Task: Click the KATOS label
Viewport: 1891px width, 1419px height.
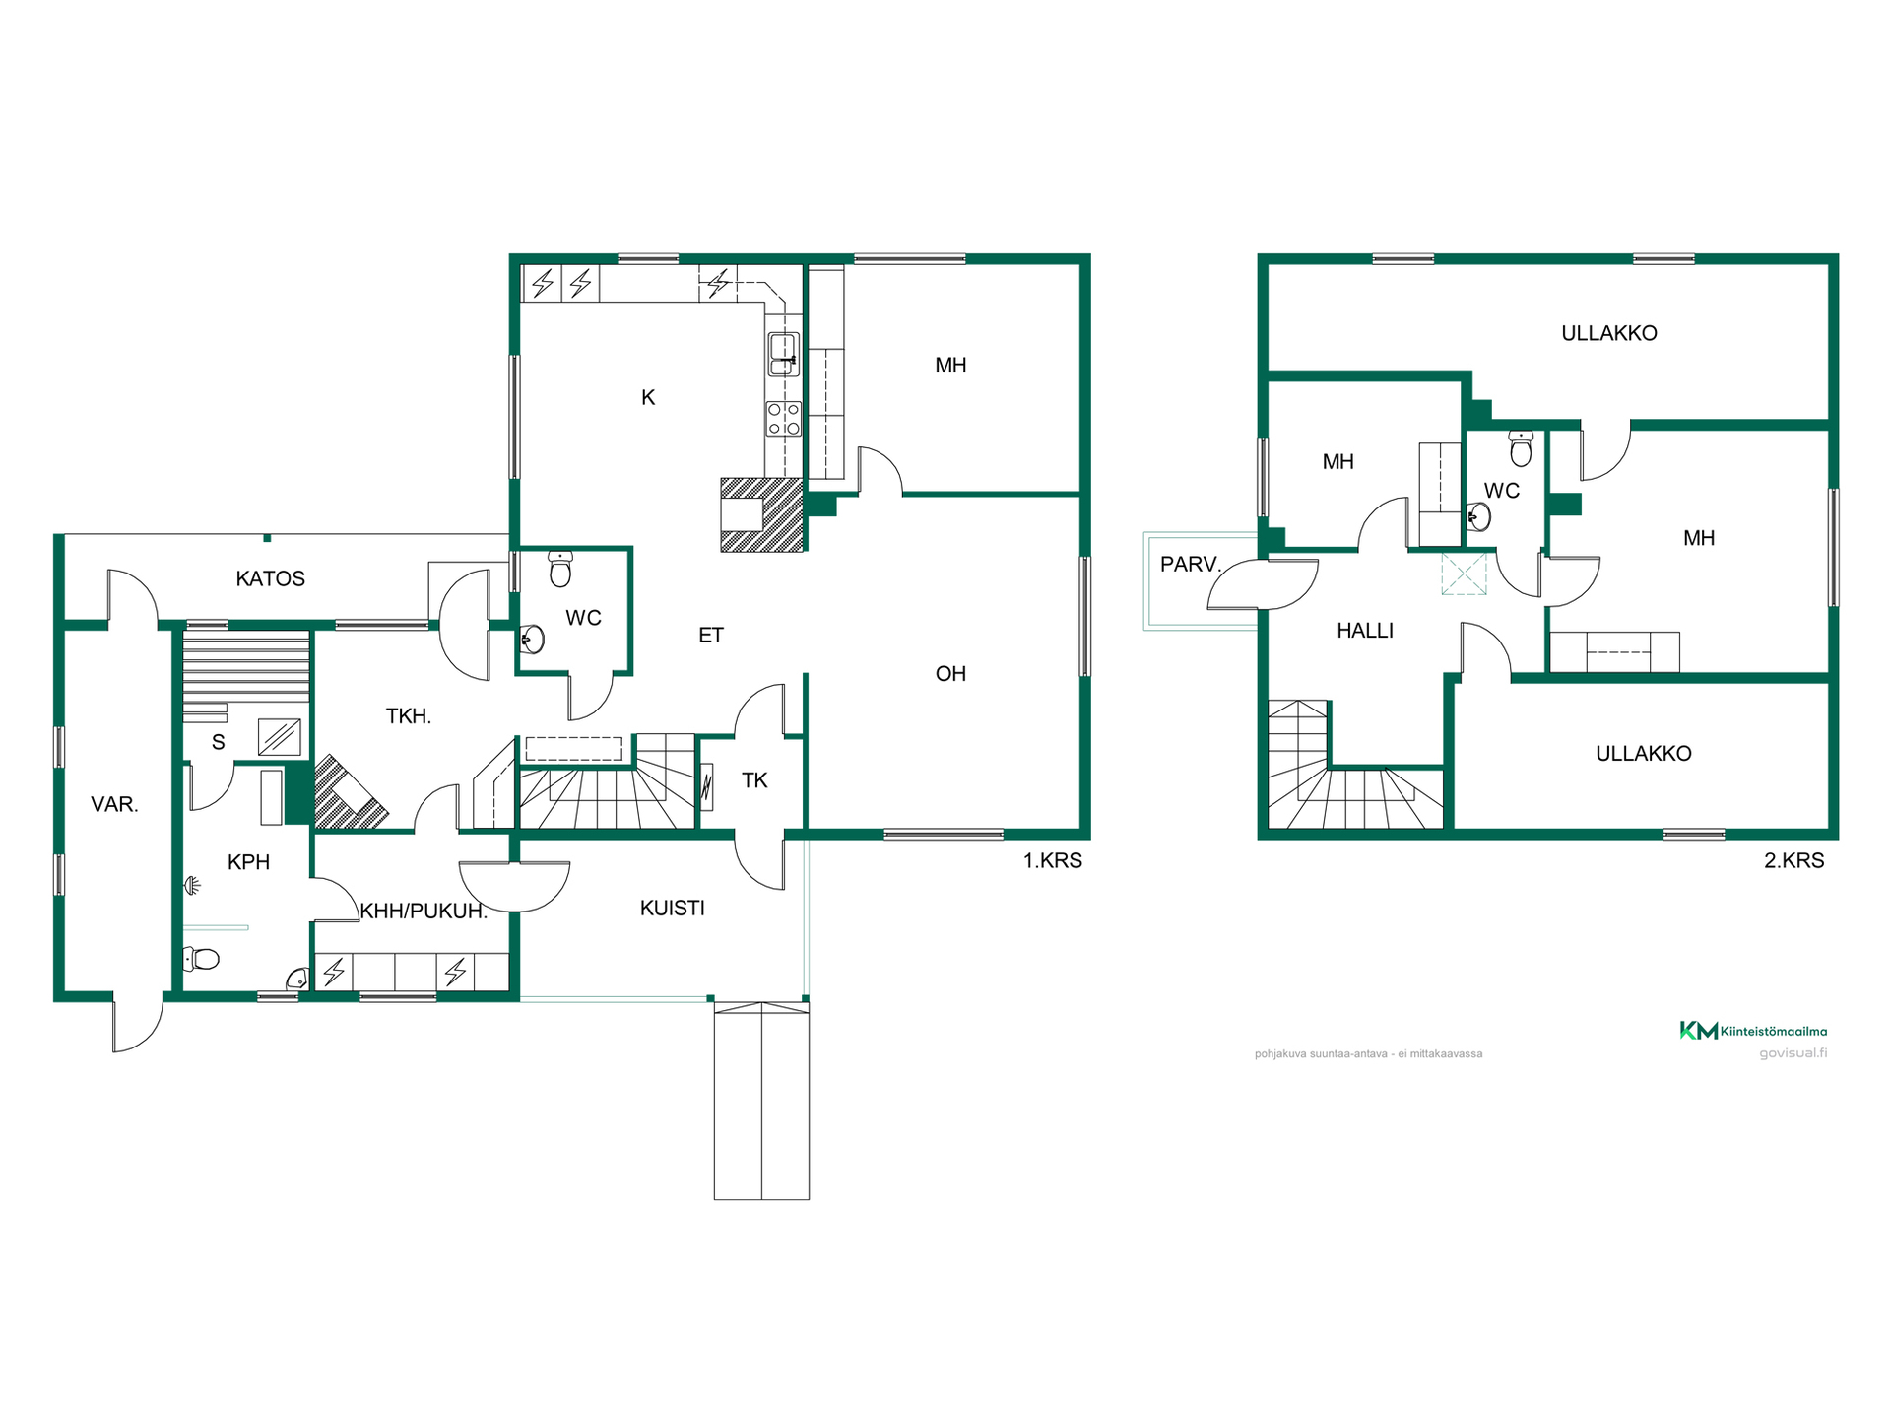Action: point(271,578)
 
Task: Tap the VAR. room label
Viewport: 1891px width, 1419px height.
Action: point(114,804)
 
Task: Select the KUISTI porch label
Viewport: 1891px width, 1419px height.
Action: point(673,908)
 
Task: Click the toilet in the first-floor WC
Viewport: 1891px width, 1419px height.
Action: point(560,568)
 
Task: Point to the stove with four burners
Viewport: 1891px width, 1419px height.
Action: point(784,419)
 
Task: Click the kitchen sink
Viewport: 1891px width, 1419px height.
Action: point(783,354)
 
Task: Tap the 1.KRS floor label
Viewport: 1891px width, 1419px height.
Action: point(1053,860)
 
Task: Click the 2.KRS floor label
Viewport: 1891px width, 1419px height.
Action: point(1794,860)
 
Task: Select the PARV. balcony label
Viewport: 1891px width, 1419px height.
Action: point(1191,565)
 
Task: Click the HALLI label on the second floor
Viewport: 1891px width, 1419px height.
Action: point(1365,631)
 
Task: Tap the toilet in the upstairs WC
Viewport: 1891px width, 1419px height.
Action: point(1522,447)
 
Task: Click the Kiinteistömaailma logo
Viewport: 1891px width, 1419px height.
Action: point(1753,1031)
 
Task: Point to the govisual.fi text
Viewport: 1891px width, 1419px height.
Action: point(1793,1053)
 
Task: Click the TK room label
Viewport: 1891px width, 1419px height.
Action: point(754,780)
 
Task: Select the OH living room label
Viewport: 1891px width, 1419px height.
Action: point(950,674)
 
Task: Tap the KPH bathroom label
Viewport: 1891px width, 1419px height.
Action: point(248,862)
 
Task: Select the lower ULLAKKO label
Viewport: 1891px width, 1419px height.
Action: point(1644,754)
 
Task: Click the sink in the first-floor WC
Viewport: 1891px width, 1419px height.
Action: point(532,640)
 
